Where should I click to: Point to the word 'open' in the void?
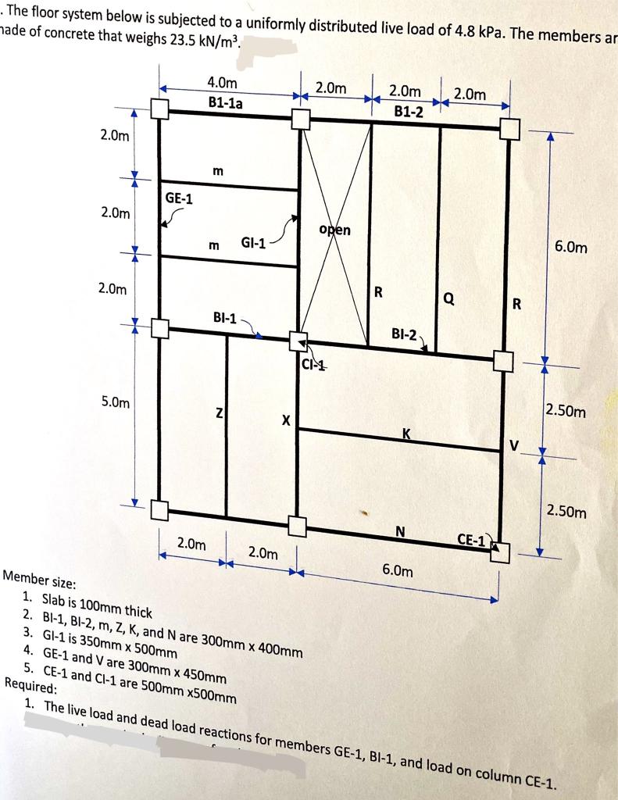click(335, 230)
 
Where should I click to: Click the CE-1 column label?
click(472, 539)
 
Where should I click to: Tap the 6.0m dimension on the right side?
click(571, 248)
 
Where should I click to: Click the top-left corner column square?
click(159, 109)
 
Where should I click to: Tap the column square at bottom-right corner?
click(500, 552)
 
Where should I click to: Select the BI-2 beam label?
click(406, 335)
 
